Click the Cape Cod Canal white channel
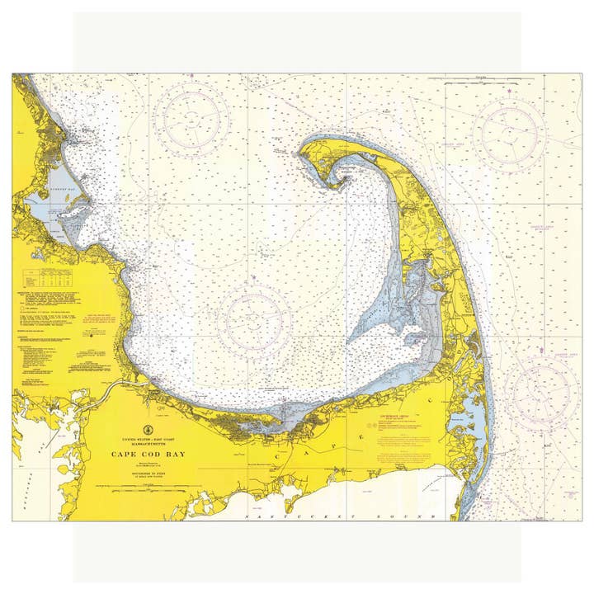click(107, 388)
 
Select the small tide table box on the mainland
click(49, 279)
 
